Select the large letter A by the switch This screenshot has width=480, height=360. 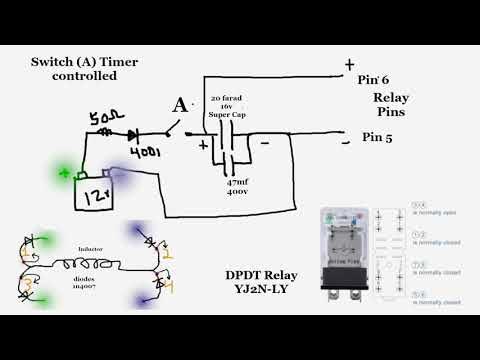180,105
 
